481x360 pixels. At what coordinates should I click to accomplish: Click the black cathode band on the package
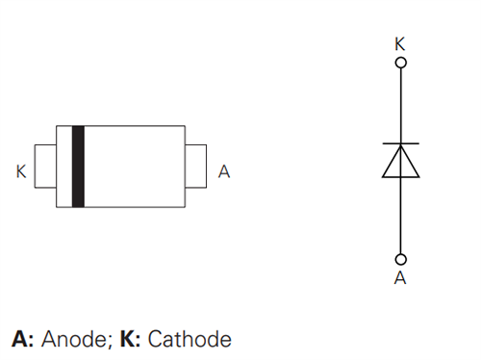[x=79, y=166]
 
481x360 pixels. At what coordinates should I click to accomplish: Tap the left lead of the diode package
[x=45, y=166]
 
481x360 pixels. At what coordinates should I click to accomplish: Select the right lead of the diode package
[x=196, y=166]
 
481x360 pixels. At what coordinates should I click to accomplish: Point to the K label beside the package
[x=21, y=172]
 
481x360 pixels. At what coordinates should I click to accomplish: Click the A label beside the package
[x=224, y=172]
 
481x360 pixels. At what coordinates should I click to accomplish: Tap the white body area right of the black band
[x=135, y=166]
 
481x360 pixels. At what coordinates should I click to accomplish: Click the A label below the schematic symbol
[x=400, y=278]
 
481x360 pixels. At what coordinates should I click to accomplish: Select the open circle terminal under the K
[x=401, y=63]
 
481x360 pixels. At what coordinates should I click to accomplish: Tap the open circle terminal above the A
[x=401, y=259]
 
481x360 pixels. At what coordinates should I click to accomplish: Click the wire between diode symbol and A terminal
[x=401, y=217]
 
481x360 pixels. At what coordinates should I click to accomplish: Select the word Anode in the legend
[x=73, y=339]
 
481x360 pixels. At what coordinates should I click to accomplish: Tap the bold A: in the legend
[x=21, y=339]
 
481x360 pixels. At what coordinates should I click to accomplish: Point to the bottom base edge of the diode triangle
[x=401, y=178]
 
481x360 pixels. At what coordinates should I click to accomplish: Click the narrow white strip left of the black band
[x=64, y=166]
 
